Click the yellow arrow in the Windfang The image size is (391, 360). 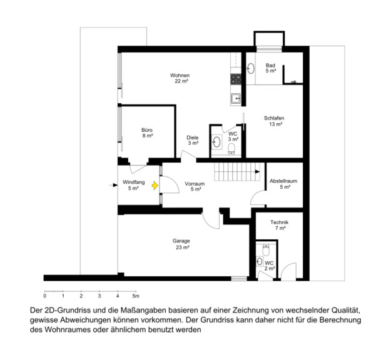tap(155, 186)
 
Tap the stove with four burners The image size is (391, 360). tap(236, 79)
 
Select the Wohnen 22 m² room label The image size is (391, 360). tap(180, 78)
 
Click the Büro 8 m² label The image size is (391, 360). tap(147, 132)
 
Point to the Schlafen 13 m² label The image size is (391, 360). tap(274, 121)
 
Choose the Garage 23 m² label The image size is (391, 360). tap(181, 244)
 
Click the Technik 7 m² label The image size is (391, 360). tap(280, 225)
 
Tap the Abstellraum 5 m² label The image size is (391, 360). tap(283, 184)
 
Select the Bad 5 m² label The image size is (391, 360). tap(270, 68)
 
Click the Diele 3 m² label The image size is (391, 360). tap(193, 140)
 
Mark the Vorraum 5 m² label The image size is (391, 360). tap(195, 187)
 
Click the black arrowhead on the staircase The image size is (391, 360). tap(257, 172)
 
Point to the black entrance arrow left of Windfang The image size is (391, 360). tap(113, 185)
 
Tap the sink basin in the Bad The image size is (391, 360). tap(251, 69)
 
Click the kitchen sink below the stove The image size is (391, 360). tap(236, 99)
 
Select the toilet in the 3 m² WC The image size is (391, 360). tap(231, 149)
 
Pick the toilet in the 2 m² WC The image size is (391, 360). tap(266, 250)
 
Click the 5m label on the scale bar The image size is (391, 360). tap(136, 296)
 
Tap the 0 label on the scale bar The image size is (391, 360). tap(45, 296)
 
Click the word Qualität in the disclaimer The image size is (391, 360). tap(346, 311)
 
